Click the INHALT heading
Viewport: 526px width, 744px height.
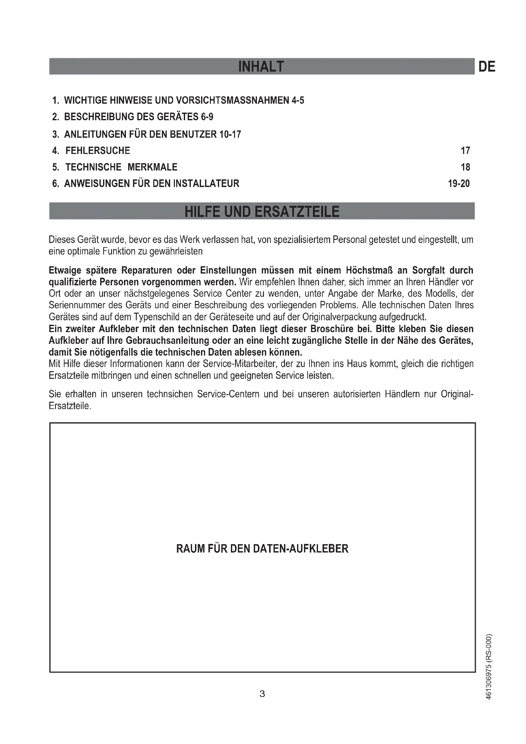[261, 67]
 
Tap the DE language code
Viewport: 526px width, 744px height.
[487, 67]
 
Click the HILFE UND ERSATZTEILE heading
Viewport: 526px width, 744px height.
[262, 212]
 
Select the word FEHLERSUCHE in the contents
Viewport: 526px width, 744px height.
[98, 151]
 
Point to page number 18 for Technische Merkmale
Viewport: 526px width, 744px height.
[465, 167]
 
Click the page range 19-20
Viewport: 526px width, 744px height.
[459, 184]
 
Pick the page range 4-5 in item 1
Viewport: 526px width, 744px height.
[298, 101]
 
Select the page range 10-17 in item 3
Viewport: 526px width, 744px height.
[230, 134]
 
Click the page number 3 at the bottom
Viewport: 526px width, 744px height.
[262, 694]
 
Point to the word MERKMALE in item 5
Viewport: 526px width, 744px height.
[152, 167]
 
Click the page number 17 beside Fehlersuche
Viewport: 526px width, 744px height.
[465, 151]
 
